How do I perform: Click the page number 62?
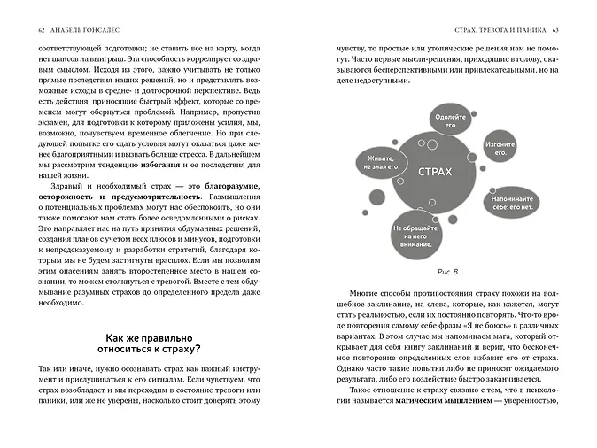pyautogui.click(x=42, y=31)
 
